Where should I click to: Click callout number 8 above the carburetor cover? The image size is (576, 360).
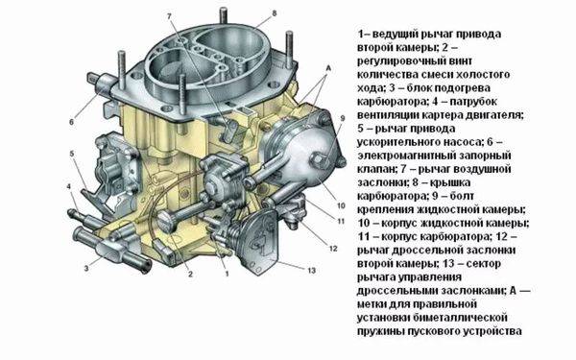[274, 13]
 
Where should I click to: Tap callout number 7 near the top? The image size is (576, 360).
[169, 16]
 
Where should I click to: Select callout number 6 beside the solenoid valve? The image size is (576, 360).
[72, 122]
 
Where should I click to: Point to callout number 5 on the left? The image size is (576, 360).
[72, 154]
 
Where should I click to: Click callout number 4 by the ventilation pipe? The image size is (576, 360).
[69, 187]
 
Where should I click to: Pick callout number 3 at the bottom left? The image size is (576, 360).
[86, 269]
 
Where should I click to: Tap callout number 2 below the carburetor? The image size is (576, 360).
[190, 274]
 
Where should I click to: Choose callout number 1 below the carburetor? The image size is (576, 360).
[227, 274]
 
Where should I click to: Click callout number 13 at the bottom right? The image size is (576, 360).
[311, 271]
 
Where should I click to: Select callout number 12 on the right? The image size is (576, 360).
[333, 249]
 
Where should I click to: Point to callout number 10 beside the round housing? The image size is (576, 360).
[341, 205]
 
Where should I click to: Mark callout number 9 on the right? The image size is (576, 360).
[343, 118]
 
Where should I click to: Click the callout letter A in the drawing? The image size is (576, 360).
[328, 68]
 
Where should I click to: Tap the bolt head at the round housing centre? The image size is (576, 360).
[318, 159]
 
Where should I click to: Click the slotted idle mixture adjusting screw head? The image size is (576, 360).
[164, 222]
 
